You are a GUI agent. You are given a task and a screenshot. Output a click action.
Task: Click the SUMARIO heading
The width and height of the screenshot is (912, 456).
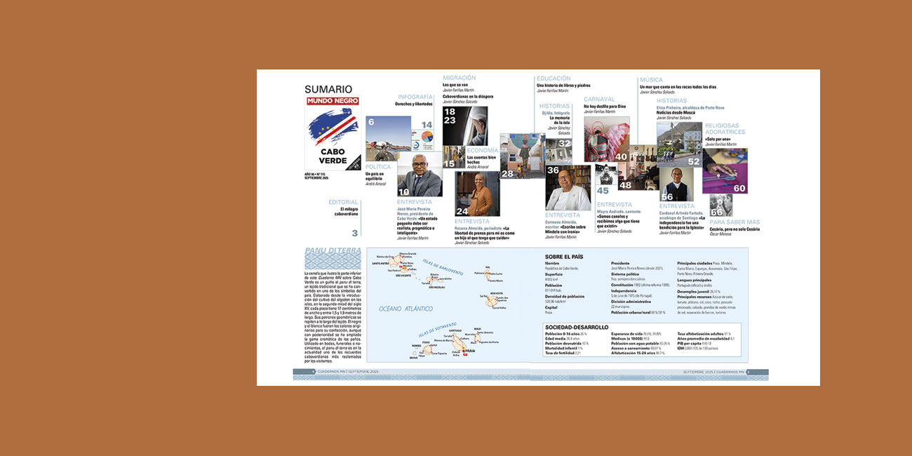pyautogui.click(x=328, y=89)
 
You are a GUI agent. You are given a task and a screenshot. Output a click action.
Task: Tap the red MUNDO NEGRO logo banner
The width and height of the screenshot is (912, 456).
pyautogui.click(x=333, y=101)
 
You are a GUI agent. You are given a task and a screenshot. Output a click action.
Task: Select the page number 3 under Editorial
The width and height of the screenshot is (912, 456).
pyautogui.click(x=355, y=233)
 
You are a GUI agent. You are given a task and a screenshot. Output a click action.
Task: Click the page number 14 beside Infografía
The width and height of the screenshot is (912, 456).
pyautogui.click(x=427, y=125)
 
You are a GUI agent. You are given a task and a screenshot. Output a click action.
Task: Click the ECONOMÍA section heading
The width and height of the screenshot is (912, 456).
pyautogui.click(x=483, y=150)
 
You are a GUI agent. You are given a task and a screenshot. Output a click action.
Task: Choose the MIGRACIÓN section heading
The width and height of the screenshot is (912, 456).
pyautogui.click(x=459, y=78)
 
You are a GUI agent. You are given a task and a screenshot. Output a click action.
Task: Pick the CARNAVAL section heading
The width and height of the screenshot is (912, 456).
pyautogui.click(x=599, y=100)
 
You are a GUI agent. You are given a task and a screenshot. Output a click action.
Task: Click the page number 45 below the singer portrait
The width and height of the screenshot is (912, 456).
pyautogui.click(x=603, y=191)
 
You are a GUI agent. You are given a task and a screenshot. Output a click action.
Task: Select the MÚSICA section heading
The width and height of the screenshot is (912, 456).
pyautogui.click(x=651, y=80)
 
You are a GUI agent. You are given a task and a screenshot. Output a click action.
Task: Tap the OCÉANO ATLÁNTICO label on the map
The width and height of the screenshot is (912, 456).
pyautogui.click(x=405, y=309)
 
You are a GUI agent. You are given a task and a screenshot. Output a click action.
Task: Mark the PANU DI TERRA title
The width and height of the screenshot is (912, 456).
pyautogui.click(x=333, y=251)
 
